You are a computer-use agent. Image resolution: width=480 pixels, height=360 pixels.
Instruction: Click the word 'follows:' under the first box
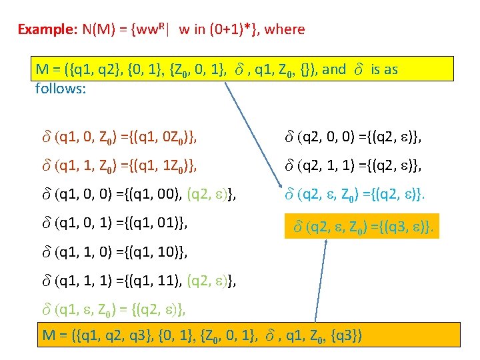tap(61, 87)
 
